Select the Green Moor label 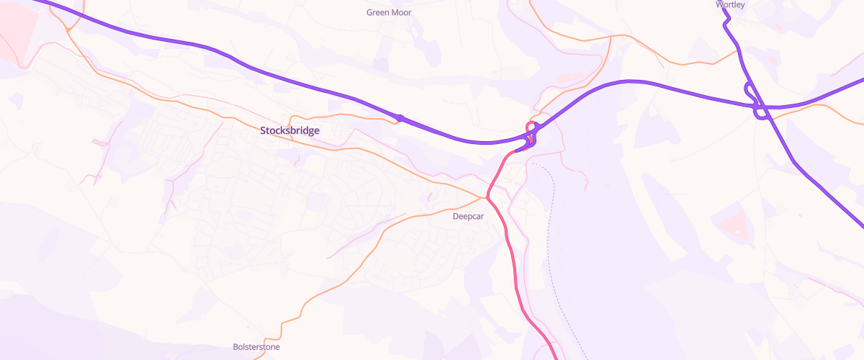click(389, 12)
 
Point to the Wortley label click(730, 4)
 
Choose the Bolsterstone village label click(256, 347)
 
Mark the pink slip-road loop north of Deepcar click(532, 133)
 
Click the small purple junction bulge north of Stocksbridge click(398, 117)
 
